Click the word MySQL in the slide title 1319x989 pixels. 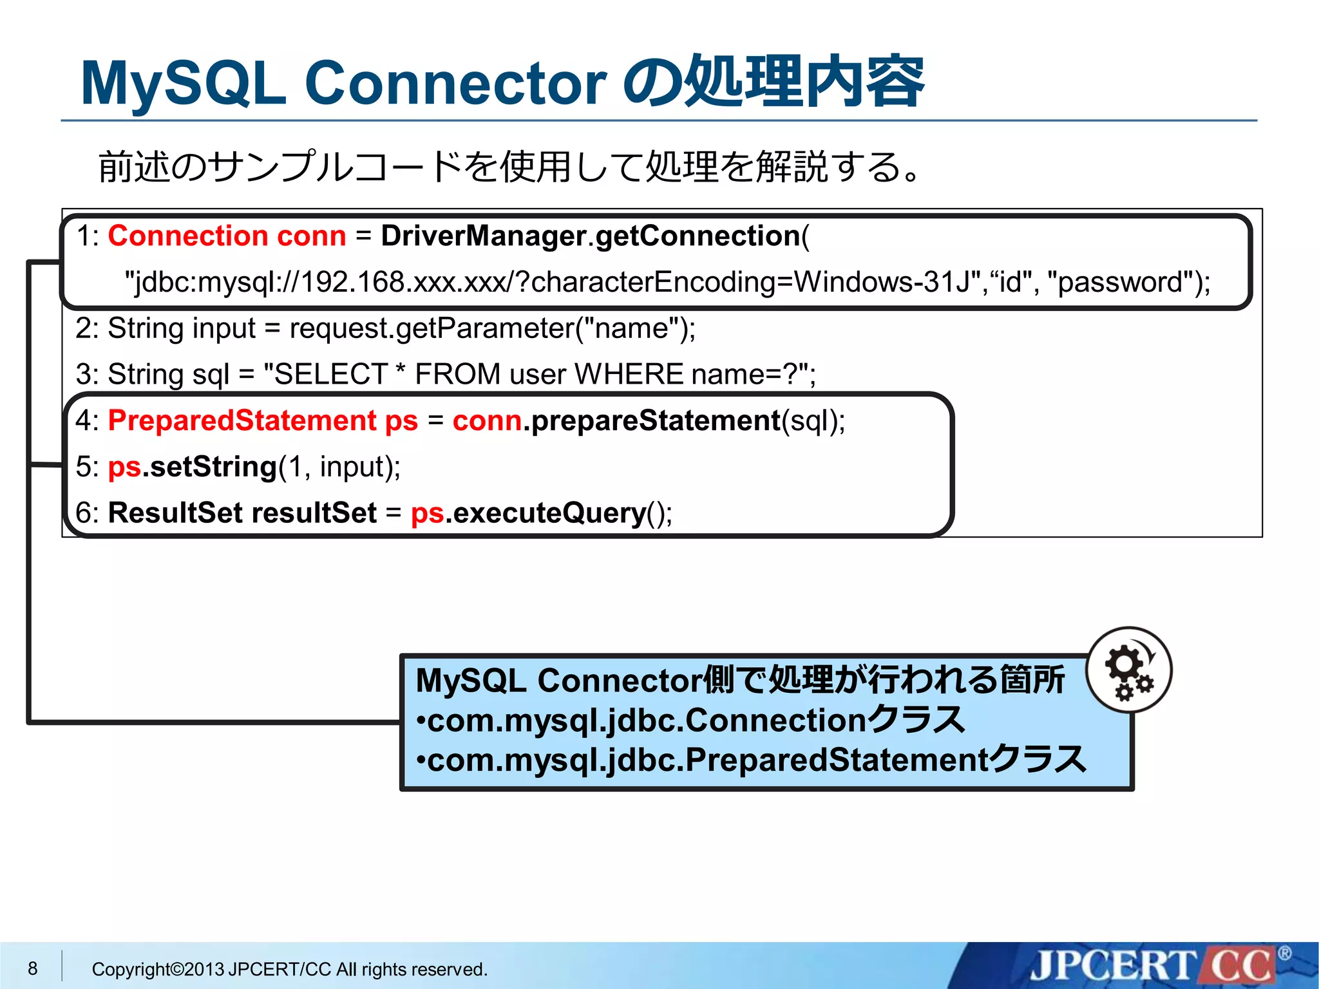(184, 84)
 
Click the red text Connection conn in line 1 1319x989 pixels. (227, 236)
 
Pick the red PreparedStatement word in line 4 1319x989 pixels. (242, 421)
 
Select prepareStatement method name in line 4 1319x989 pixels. (656, 421)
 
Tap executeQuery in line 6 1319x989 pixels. (549, 513)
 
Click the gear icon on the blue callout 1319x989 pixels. (1128, 670)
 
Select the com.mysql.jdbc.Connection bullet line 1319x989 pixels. (689, 721)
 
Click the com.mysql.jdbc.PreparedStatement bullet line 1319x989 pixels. (750, 760)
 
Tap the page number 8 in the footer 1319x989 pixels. (33, 968)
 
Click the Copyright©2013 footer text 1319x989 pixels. (289, 969)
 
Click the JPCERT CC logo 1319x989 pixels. (1153, 966)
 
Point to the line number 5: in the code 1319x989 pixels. (87, 467)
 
